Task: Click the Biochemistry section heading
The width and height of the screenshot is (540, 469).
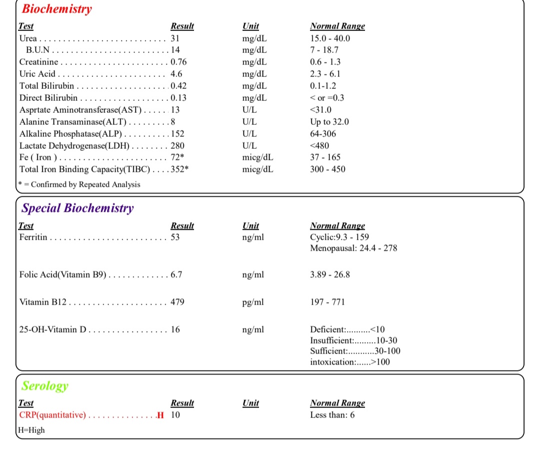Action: point(56,9)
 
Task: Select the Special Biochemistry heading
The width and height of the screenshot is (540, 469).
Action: point(77,208)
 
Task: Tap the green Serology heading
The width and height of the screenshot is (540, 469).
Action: point(45,386)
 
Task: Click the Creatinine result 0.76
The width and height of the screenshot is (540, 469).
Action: point(179,62)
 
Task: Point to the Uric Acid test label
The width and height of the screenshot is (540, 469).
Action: point(37,74)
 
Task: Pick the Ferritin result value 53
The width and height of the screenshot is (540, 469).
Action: point(175,237)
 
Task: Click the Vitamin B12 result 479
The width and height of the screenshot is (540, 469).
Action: point(177,302)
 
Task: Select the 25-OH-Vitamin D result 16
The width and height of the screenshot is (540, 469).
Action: point(175,330)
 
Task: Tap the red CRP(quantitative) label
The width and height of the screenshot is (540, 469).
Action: point(52,415)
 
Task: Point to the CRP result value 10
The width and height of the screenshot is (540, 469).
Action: point(175,415)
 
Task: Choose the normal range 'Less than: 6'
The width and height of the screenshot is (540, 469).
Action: point(332,415)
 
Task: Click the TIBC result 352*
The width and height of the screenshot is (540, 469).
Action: point(179,169)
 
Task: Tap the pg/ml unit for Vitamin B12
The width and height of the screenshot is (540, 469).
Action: point(252,302)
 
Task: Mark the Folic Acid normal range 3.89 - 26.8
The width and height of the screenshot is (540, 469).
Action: point(330,275)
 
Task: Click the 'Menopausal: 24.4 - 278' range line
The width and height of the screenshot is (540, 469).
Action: point(353,248)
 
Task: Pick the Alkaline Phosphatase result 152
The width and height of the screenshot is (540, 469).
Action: point(177,133)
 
